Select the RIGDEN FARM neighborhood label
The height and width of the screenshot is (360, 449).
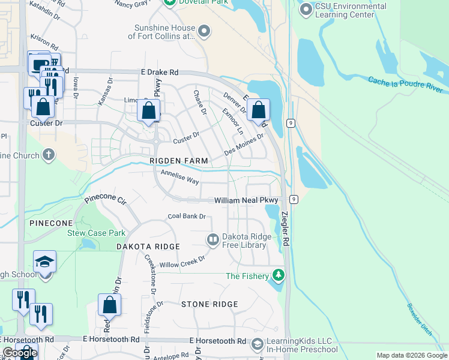tap(179, 161)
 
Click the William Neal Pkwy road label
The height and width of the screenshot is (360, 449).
tap(247, 200)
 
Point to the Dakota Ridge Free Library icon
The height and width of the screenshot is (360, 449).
tap(212, 240)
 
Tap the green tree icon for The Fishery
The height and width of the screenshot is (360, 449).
tap(278, 275)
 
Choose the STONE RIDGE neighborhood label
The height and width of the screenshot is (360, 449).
tap(209, 304)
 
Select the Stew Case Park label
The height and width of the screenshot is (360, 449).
tap(96, 233)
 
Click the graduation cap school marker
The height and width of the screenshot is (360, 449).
tap(44, 262)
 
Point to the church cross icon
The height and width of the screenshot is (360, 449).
tap(49, 155)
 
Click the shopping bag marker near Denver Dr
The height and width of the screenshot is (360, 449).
tap(258, 110)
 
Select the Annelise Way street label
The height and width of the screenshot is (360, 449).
tap(179, 176)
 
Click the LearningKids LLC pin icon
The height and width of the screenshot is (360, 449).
tap(257, 344)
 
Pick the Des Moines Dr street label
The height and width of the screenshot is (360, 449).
tap(244, 144)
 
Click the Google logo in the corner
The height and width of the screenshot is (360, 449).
tap(20, 353)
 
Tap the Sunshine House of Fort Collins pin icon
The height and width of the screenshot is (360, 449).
tap(205, 31)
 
